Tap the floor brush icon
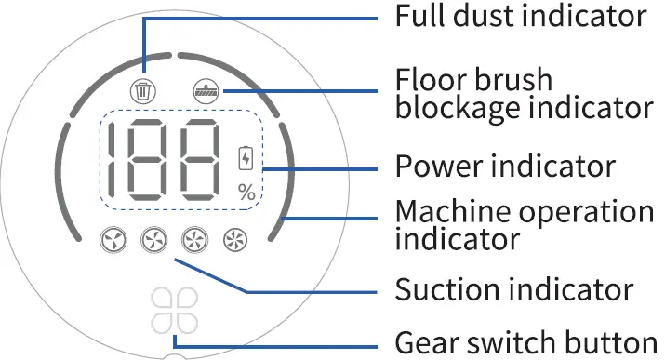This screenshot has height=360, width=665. point(204,91)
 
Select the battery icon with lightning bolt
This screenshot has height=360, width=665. point(246,158)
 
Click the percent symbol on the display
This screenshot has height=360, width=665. point(246,193)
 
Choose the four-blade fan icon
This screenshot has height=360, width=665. point(153,242)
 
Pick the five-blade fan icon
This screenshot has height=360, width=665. point(193,242)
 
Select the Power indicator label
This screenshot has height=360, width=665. point(504,167)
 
